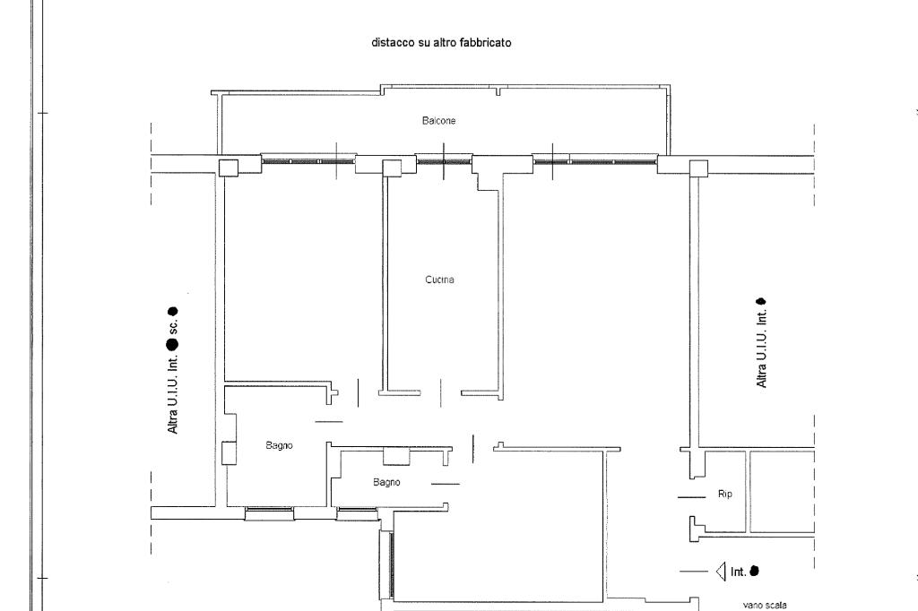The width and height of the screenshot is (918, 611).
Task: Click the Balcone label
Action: [x=439, y=120]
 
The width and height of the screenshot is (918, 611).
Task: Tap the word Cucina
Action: [x=439, y=280]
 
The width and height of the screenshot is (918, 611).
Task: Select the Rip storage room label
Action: [x=725, y=494]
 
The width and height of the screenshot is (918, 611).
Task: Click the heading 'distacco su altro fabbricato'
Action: [x=441, y=42]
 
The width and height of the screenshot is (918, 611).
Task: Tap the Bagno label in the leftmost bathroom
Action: [x=280, y=445]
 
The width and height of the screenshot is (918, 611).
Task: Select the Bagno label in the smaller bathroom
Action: [x=386, y=482]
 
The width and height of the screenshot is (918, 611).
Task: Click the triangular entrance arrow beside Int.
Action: [x=720, y=571]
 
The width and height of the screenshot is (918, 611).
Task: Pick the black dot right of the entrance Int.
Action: [x=754, y=570]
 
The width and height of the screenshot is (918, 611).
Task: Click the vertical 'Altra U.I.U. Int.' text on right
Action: [x=762, y=343]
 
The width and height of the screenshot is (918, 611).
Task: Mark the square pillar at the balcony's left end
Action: [x=229, y=168]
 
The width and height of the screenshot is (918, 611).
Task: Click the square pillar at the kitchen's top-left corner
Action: [x=391, y=168]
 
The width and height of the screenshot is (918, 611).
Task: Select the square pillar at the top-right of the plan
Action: [x=698, y=168]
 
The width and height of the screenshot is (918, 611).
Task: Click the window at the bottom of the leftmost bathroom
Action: [x=269, y=513]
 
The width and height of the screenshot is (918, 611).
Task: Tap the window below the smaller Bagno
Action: [x=357, y=512]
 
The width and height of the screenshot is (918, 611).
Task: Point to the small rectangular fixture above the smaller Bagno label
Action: [x=396, y=456]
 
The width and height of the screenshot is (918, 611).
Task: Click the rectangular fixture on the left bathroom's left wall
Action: [x=229, y=452]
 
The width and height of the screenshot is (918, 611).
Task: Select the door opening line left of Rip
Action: [x=691, y=497]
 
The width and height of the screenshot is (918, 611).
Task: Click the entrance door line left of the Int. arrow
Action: [x=694, y=572]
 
